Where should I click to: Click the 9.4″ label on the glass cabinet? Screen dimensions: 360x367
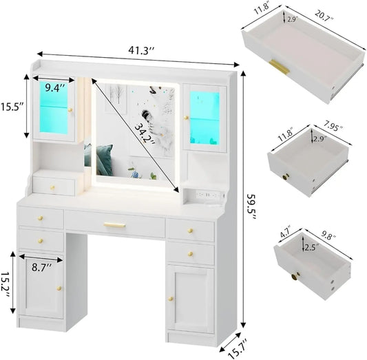[54, 87]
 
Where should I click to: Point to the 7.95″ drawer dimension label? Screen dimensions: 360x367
[333, 127]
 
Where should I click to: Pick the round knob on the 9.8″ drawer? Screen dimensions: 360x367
[297, 279]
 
